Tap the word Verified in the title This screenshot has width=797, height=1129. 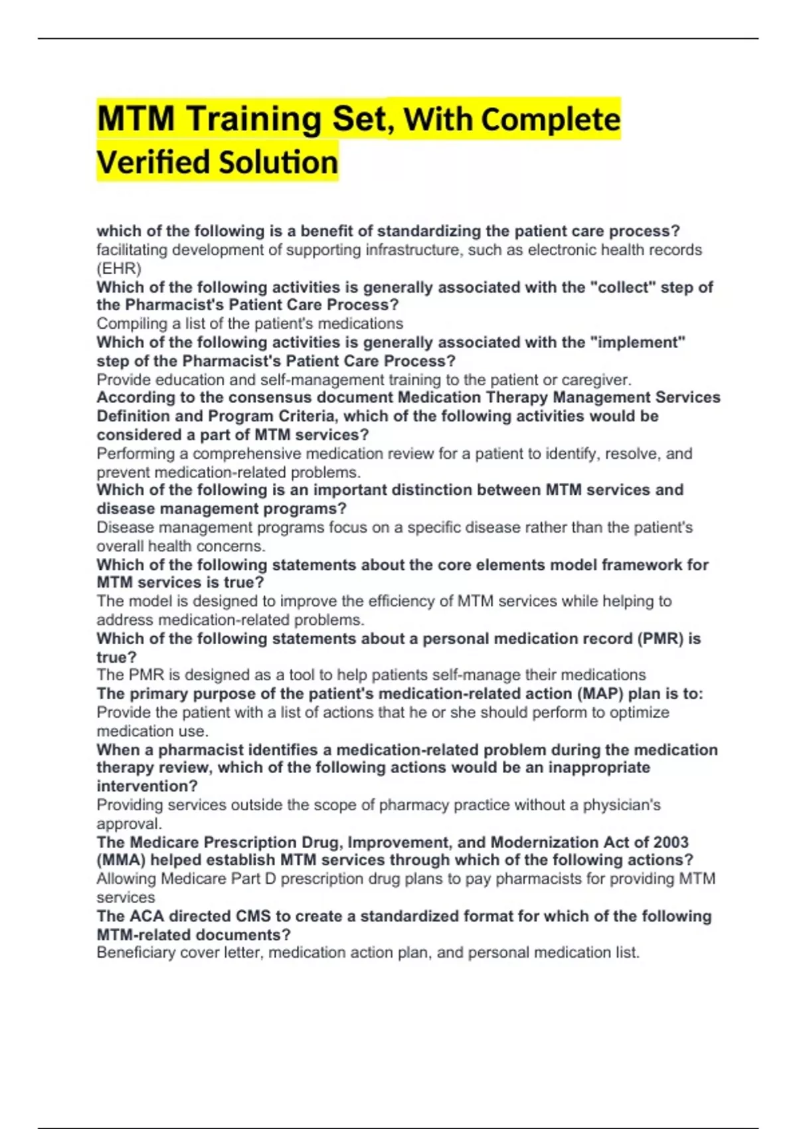click(153, 163)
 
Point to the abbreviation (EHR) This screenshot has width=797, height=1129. click(119, 268)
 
